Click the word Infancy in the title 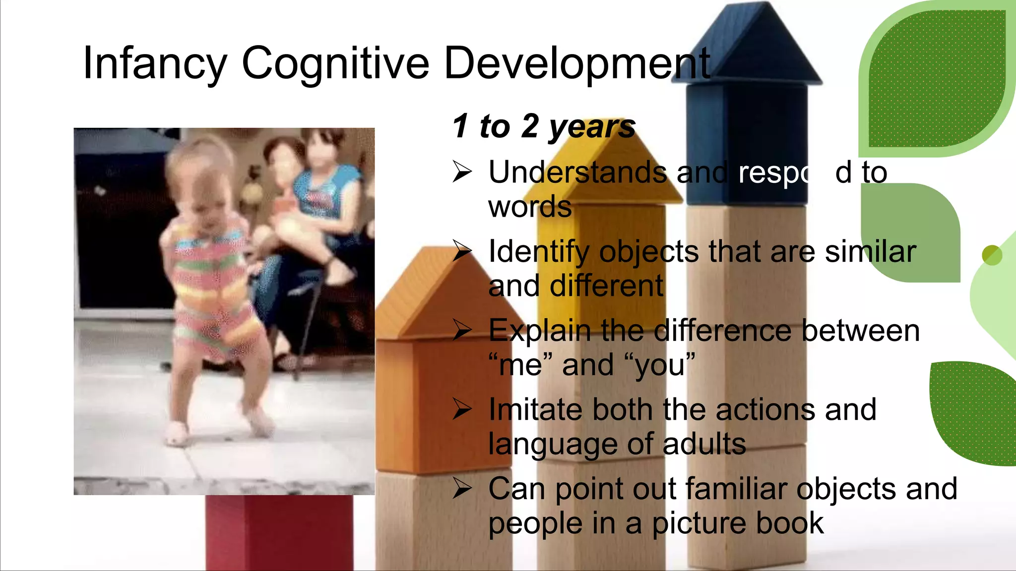click(155, 63)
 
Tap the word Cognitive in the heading click(335, 63)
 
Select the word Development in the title click(577, 63)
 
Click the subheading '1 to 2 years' click(544, 126)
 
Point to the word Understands click(577, 172)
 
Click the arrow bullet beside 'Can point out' click(462, 489)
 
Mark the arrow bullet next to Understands click(462, 172)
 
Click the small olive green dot click(992, 255)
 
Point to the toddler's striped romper click(213, 287)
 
